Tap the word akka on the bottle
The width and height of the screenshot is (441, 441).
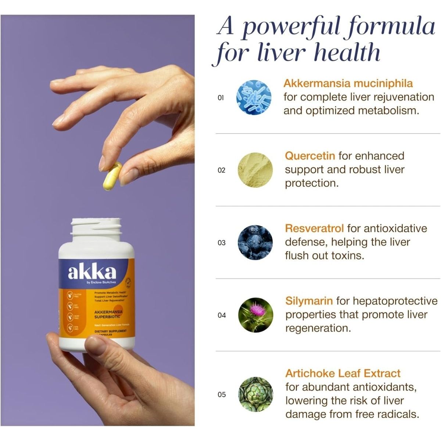point(92,272)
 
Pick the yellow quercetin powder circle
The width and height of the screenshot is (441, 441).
point(255,170)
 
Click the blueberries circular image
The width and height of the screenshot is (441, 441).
point(255,243)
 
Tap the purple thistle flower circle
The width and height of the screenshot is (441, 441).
point(255,315)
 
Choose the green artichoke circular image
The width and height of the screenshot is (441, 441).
point(255,394)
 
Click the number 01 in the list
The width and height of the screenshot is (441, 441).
point(221,98)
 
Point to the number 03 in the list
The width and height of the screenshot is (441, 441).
point(221,243)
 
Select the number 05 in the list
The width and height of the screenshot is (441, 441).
point(221,395)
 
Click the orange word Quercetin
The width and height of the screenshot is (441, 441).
point(310,156)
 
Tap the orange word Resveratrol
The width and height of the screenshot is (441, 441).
point(314,228)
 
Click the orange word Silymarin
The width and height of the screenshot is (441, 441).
point(309,301)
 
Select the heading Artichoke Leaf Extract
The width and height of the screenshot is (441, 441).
point(343,373)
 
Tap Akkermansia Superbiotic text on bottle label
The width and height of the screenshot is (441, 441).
point(108,314)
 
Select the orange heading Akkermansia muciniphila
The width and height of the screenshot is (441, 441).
point(348,83)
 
